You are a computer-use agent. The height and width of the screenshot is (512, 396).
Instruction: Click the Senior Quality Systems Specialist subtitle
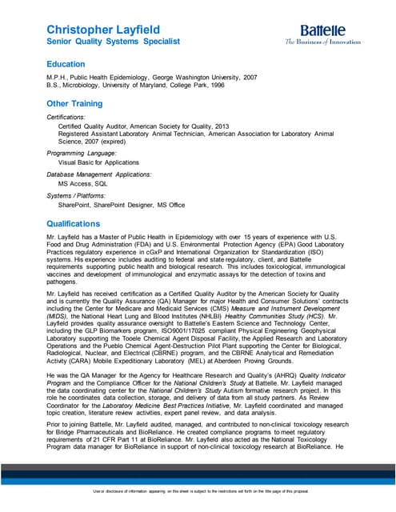[x=113, y=40]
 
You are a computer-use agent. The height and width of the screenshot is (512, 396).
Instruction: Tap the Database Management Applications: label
[x=99, y=174]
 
